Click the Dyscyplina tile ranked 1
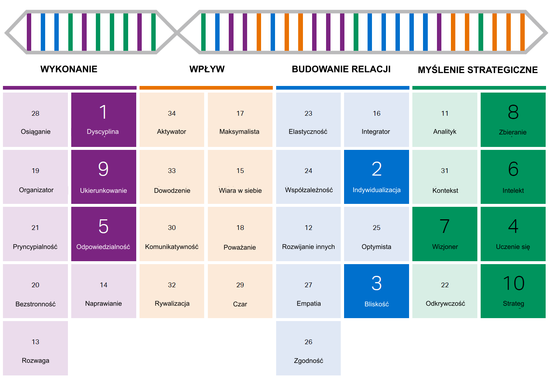click(x=104, y=120)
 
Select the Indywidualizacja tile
click(x=376, y=177)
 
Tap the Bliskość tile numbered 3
click(x=376, y=291)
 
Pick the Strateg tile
click(x=513, y=291)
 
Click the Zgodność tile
click(x=308, y=348)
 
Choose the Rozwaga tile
click(x=35, y=348)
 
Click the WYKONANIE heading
click(x=69, y=69)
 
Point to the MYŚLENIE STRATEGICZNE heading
click(x=478, y=70)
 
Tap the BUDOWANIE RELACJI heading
click(x=341, y=69)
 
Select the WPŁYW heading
click(x=207, y=69)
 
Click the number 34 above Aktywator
click(x=172, y=114)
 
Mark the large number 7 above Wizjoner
click(x=445, y=226)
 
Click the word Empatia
click(x=309, y=303)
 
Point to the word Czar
click(x=240, y=304)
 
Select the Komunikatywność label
click(x=172, y=247)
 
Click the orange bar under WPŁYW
click(x=206, y=88)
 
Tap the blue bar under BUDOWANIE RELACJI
click(x=343, y=88)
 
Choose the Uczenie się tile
click(x=513, y=234)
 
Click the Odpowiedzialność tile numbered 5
click(x=104, y=234)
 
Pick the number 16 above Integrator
click(x=377, y=114)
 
